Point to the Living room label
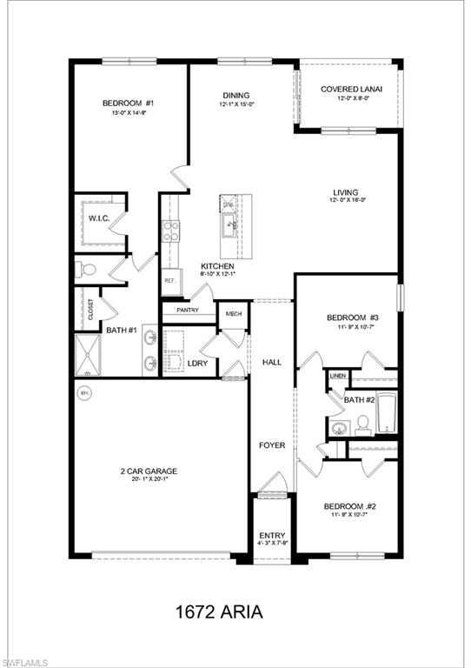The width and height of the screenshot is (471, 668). pos(345,193)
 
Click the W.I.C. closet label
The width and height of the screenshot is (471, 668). pos(98,217)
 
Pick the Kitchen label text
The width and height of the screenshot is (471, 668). pos(216,266)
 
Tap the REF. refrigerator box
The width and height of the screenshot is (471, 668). pos(170,282)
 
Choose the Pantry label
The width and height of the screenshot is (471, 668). pos(188,310)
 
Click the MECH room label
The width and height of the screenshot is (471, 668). pos(234,313)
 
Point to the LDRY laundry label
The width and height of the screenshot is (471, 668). pos(197,363)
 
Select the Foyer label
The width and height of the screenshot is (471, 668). pos(272,445)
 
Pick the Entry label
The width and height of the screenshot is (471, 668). pos(272,536)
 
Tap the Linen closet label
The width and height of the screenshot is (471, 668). pos(338,376)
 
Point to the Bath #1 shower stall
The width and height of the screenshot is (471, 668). pos(90,357)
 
